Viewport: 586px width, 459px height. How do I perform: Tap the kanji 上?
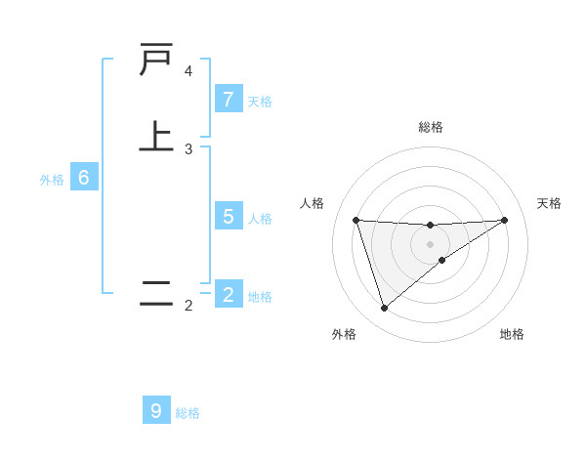click(156, 135)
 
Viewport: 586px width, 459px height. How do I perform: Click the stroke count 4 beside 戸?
click(188, 71)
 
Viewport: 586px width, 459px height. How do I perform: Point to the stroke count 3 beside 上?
click(188, 148)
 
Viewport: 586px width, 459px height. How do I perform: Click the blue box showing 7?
click(228, 100)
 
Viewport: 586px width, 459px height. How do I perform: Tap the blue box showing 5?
click(228, 217)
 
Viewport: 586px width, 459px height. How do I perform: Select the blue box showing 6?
click(84, 178)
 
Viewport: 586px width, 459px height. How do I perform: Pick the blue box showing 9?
click(156, 411)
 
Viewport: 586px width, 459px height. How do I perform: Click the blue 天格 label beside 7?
click(260, 101)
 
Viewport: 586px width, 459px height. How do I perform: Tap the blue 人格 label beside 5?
click(260, 218)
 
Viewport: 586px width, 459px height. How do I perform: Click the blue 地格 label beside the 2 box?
click(260, 296)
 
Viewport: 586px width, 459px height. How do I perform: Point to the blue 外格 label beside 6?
click(52, 179)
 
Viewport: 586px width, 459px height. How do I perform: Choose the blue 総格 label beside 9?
click(188, 412)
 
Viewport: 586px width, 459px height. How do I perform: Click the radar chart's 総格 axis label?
click(430, 127)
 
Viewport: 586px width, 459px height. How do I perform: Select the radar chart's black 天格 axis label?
click(549, 203)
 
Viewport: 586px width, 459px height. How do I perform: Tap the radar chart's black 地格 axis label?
click(512, 334)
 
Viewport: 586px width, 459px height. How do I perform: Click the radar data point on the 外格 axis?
click(384, 309)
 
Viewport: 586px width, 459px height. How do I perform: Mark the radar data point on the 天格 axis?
click(504, 220)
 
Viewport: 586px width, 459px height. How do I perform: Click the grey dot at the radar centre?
click(430, 243)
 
